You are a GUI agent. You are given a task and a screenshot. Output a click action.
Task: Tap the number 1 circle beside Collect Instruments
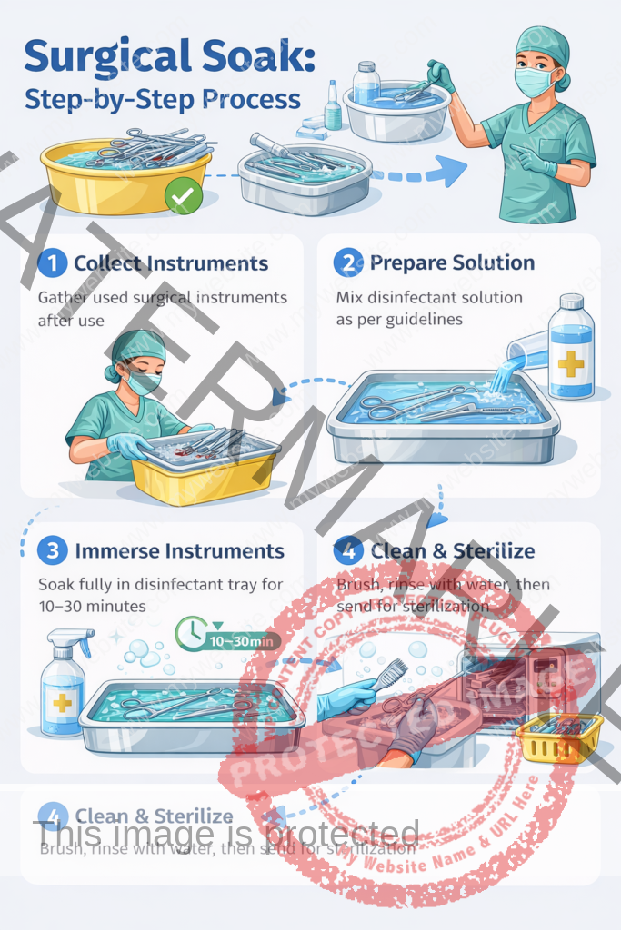[x=53, y=263]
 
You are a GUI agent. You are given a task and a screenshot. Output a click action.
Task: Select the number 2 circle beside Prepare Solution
[x=347, y=263]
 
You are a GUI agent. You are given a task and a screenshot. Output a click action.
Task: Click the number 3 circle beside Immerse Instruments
[x=53, y=550]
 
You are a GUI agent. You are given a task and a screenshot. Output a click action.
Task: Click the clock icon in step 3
[x=193, y=633]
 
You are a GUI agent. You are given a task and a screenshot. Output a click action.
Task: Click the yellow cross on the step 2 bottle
[x=571, y=364]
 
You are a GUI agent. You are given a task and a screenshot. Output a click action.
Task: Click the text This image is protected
[x=226, y=835]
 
